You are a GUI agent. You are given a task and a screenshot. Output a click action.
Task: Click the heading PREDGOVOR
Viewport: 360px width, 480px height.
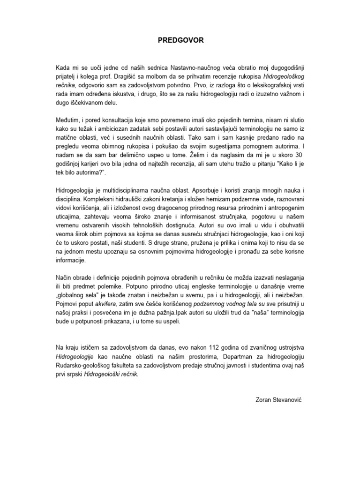click(180, 41)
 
